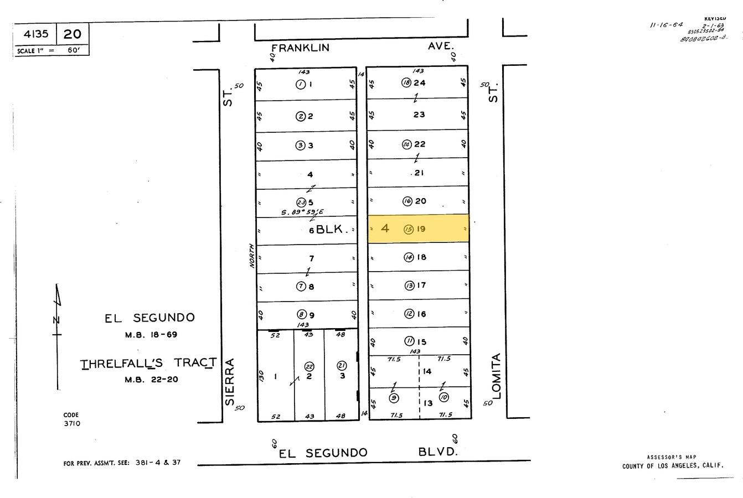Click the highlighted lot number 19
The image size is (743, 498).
pyautogui.click(x=421, y=229)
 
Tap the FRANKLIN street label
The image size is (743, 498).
pyautogui.click(x=300, y=48)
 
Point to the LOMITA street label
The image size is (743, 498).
pyautogui.click(x=496, y=376)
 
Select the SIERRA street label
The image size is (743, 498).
pyautogui.click(x=230, y=382)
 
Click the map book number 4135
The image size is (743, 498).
pyautogui.click(x=35, y=34)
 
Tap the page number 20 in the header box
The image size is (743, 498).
pyautogui.click(x=72, y=34)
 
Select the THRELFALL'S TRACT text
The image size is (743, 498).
pyautogui.click(x=148, y=363)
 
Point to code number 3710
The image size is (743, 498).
pyautogui.click(x=72, y=423)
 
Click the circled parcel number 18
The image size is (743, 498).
pyautogui.click(x=406, y=82)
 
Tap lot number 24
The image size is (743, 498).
pyautogui.click(x=419, y=83)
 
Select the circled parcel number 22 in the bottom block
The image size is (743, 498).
pyautogui.click(x=309, y=366)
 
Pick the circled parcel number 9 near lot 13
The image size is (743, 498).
pyautogui.click(x=394, y=398)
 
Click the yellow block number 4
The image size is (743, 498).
pyautogui.click(x=385, y=228)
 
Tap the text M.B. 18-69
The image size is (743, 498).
pyautogui.click(x=151, y=334)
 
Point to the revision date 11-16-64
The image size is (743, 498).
pyautogui.click(x=667, y=25)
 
